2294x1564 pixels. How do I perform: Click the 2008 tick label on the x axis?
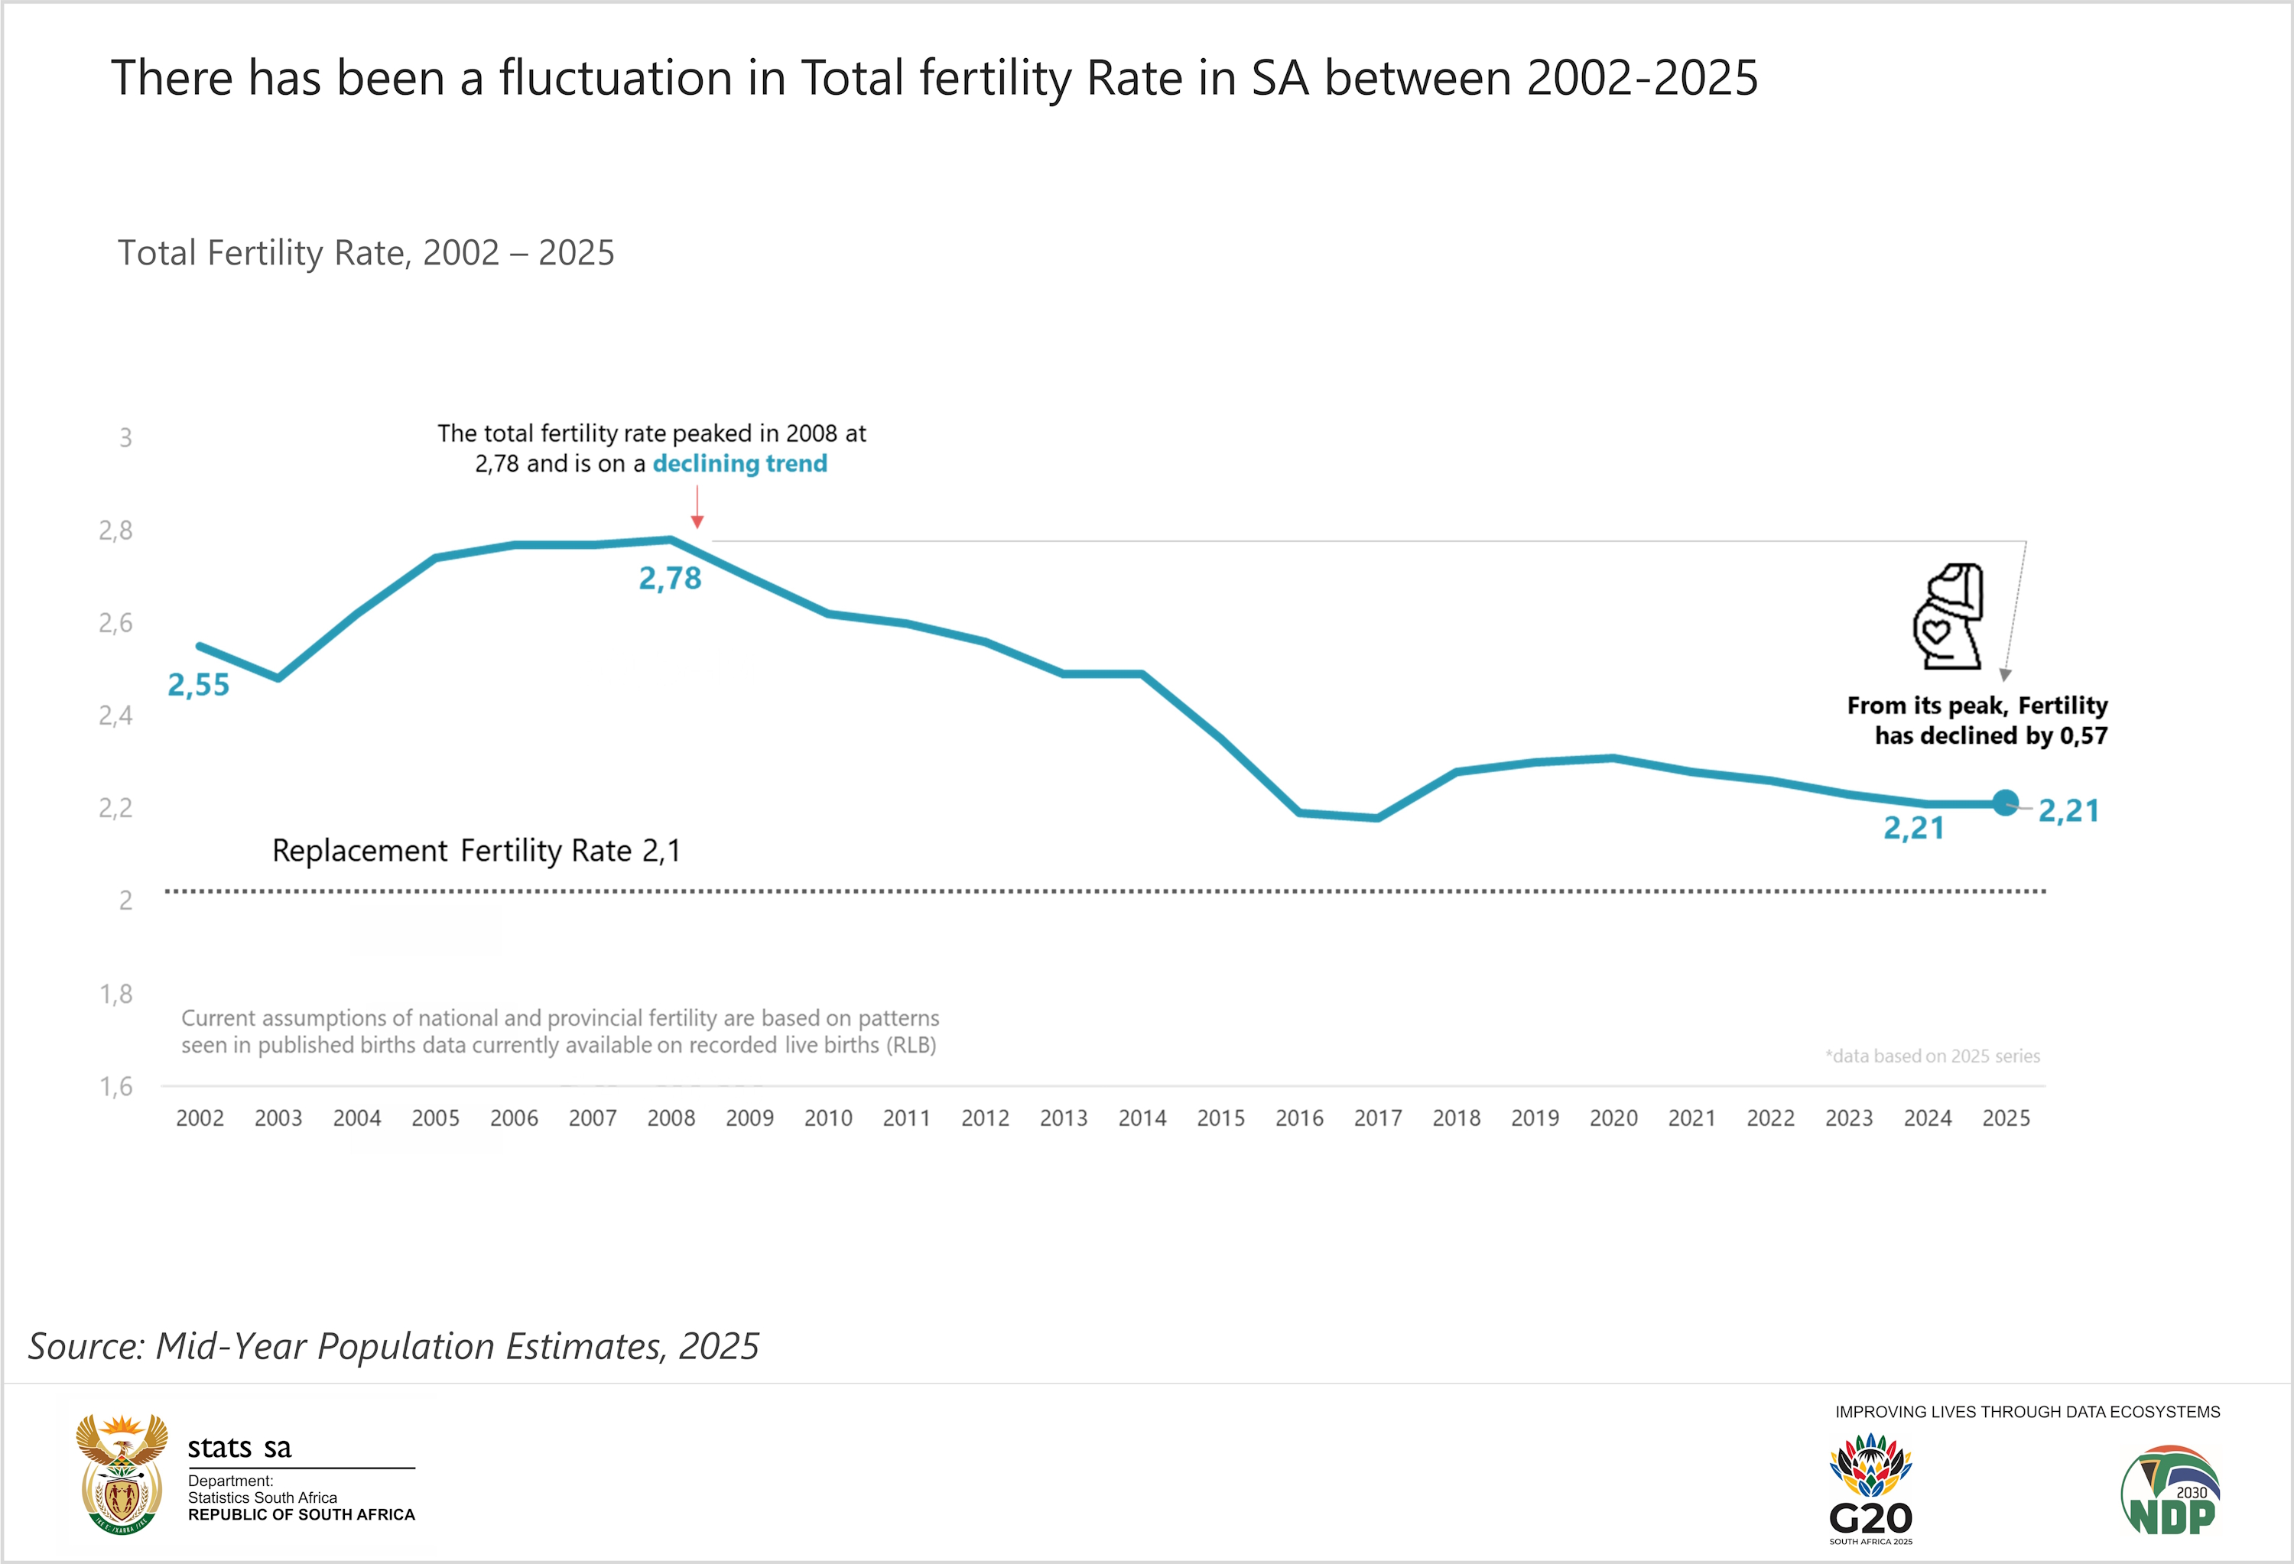click(671, 1118)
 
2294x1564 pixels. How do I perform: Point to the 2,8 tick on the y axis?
click(115, 531)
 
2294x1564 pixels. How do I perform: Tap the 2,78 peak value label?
click(671, 578)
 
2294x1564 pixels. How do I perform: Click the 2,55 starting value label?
click(198, 685)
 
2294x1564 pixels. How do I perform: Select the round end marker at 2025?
click(2005, 803)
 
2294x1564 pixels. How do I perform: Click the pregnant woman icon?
click(1948, 617)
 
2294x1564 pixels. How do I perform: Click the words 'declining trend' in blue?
click(739, 464)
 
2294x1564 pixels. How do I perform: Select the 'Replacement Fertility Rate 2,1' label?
click(476, 851)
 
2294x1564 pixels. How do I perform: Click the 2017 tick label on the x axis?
click(1377, 1118)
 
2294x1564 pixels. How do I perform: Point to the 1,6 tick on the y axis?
click(115, 1086)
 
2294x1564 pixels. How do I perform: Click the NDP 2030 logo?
click(2171, 1491)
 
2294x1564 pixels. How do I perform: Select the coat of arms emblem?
click(122, 1473)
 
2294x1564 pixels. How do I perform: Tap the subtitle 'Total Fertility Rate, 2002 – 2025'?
click(366, 252)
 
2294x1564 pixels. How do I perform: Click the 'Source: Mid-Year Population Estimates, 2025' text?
click(394, 1346)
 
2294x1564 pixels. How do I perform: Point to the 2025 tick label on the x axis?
click(2006, 1118)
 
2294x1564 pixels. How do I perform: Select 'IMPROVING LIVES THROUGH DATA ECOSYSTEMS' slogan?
click(2026, 1412)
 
